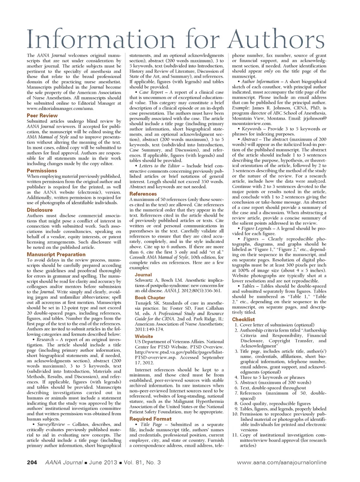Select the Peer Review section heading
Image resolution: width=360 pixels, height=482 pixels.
(x=42, y=116)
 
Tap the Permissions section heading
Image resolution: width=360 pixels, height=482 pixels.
(x=42, y=170)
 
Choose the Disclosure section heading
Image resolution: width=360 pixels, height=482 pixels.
(x=40, y=210)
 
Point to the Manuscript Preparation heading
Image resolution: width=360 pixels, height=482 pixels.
(x=56, y=255)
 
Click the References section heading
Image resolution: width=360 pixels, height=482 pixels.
(x=143, y=194)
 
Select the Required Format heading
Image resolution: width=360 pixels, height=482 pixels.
(x=150, y=419)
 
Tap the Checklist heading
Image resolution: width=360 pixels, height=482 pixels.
(x=243, y=319)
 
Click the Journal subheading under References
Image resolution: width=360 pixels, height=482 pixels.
(x=143, y=275)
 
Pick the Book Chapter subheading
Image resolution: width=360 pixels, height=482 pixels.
(x=150, y=298)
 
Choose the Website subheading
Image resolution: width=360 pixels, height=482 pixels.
(x=144, y=336)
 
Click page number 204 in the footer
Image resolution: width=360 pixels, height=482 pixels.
(x=32, y=462)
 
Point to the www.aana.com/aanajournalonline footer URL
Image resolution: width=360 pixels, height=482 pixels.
(x=282, y=462)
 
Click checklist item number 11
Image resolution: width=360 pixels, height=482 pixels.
(x=235, y=435)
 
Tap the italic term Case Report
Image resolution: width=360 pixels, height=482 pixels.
(x=151, y=92)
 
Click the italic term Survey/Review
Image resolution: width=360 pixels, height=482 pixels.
(x=51, y=424)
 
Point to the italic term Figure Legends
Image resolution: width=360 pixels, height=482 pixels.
(x=256, y=228)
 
